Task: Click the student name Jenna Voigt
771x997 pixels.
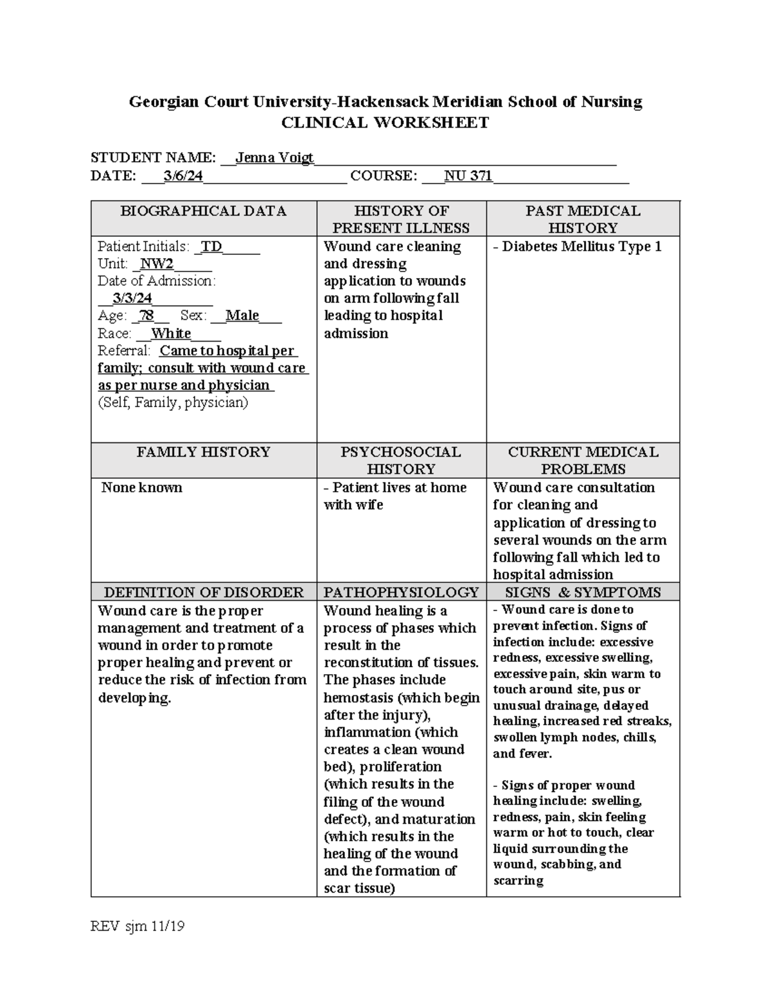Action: [274, 157]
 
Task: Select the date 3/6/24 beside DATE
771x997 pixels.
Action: [183, 176]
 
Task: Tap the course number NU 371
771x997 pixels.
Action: [468, 176]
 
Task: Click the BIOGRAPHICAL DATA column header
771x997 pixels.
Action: [203, 211]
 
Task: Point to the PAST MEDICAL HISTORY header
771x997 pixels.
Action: [583, 219]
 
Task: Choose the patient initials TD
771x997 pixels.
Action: [212, 247]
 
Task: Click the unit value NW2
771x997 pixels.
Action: [157, 264]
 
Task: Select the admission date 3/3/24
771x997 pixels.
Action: [132, 298]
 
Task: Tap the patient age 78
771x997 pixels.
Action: [146, 316]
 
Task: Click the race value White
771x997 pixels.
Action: [171, 333]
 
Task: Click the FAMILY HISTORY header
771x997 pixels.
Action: [203, 452]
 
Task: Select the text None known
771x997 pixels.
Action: [142, 487]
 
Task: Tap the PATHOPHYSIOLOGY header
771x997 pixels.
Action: [401, 592]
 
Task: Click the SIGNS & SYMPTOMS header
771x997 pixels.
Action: [583, 592]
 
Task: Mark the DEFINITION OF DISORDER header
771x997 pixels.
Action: [203, 592]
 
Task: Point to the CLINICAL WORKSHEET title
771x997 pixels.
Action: [385, 123]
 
